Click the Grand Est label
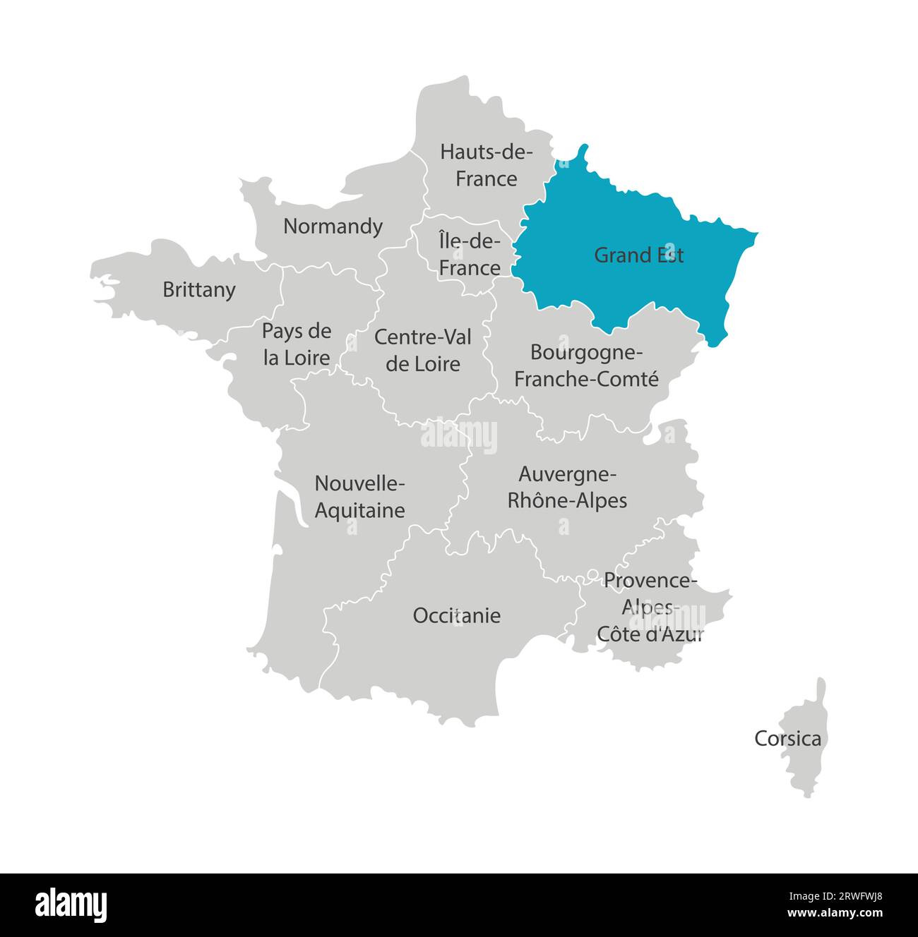(638, 255)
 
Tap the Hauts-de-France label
(486, 165)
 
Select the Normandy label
(333, 226)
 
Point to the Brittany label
(199, 290)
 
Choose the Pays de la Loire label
(297, 344)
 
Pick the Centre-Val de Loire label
(423, 350)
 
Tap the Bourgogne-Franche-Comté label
(586, 365)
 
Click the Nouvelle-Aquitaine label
(359, 497)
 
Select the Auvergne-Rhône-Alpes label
(568, 487)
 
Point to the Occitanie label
(457, 616)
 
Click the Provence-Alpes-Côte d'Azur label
(650, 607)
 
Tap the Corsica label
(787, 739)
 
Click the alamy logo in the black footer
(71, 905)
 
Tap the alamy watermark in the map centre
(459, 435)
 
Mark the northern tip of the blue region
(583, 147)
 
